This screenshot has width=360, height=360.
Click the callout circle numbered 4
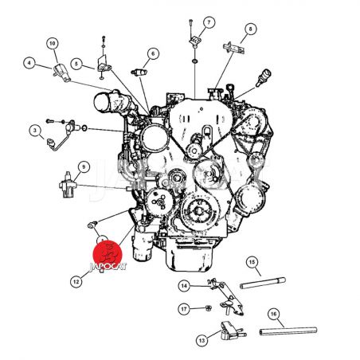click(x=29, y=63)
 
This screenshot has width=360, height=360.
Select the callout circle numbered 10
click(x=53, y=43)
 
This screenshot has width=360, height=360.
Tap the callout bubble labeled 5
click(x=76, y=64)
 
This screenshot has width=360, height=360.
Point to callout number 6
click(x=153, y=53)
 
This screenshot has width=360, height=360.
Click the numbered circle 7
click(x=209, y=22)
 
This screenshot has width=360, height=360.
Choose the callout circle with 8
click(x=250, y=29)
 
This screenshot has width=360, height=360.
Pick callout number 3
click(x=35, y=131)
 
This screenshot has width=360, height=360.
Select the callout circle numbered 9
click(x=84, y=166)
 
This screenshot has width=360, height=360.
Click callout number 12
click(x=76, y=281)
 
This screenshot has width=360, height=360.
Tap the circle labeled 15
click(x=252, y=262)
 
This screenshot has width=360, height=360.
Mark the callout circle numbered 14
click(x=184, y=286)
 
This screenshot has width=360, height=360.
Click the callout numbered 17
click(x=184, y=309)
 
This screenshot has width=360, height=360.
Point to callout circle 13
click(x=202, y=340)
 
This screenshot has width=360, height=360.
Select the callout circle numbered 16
click(x=273, y=314)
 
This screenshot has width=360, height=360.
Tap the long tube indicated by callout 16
click(x=288, y=331)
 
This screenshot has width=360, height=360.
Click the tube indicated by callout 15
click(x=263, y=283)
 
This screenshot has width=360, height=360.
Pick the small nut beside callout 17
click(x=209, y=308)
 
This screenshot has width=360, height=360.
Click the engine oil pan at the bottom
click(x=190, y=255)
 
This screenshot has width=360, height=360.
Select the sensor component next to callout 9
click(x=68, y=185)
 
